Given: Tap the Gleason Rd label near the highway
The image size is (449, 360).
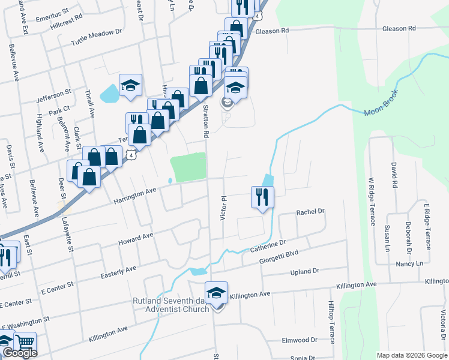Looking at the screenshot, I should click(x=273, y=30).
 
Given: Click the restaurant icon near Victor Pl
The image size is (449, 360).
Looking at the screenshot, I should click(x=262, y=197).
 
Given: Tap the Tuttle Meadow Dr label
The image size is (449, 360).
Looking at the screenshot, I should click(x=97, y=37).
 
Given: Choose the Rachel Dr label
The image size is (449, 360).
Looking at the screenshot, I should click(x=310, y=212).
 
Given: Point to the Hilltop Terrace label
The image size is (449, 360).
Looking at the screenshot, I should click(x=331, y=322).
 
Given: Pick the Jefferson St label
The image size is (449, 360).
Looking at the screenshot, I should click(x=53, y=94).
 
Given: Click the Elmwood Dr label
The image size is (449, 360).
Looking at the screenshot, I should click(x=300, y=340).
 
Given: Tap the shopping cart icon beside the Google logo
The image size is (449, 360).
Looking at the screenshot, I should click(x=25, y=343).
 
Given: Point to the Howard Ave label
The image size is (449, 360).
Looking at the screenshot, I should click(x=136, y=238).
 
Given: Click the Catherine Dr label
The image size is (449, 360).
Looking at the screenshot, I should click(x=267, y=245).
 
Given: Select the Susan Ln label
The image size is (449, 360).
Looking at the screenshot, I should click(x=387, y=238).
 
